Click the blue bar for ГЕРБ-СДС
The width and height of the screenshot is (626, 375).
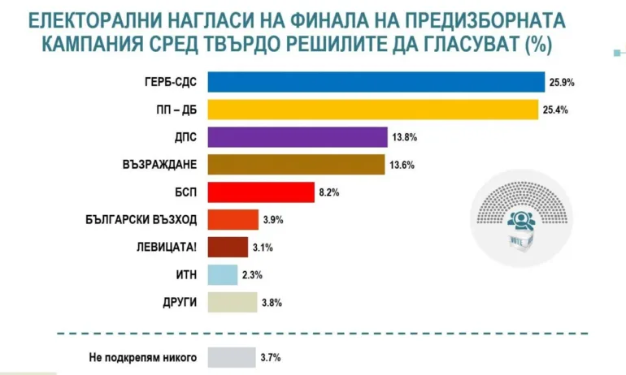tap(376, 82)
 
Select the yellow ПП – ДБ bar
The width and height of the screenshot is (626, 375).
tap(373, 110)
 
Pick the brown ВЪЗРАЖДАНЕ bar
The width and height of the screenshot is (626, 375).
tap(296, 165)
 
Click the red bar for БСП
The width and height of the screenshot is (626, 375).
tap(261, 192)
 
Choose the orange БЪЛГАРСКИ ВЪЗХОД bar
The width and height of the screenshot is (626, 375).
tap(233, 220)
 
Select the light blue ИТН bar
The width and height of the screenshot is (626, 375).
tap(223, 275)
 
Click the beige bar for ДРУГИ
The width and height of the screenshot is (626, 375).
tap(233, 303)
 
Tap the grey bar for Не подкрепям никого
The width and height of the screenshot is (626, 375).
tap(232, 357)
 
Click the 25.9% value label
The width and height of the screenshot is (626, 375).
tap(562, 82)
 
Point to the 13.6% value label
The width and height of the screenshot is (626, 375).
tap(402, 165)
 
